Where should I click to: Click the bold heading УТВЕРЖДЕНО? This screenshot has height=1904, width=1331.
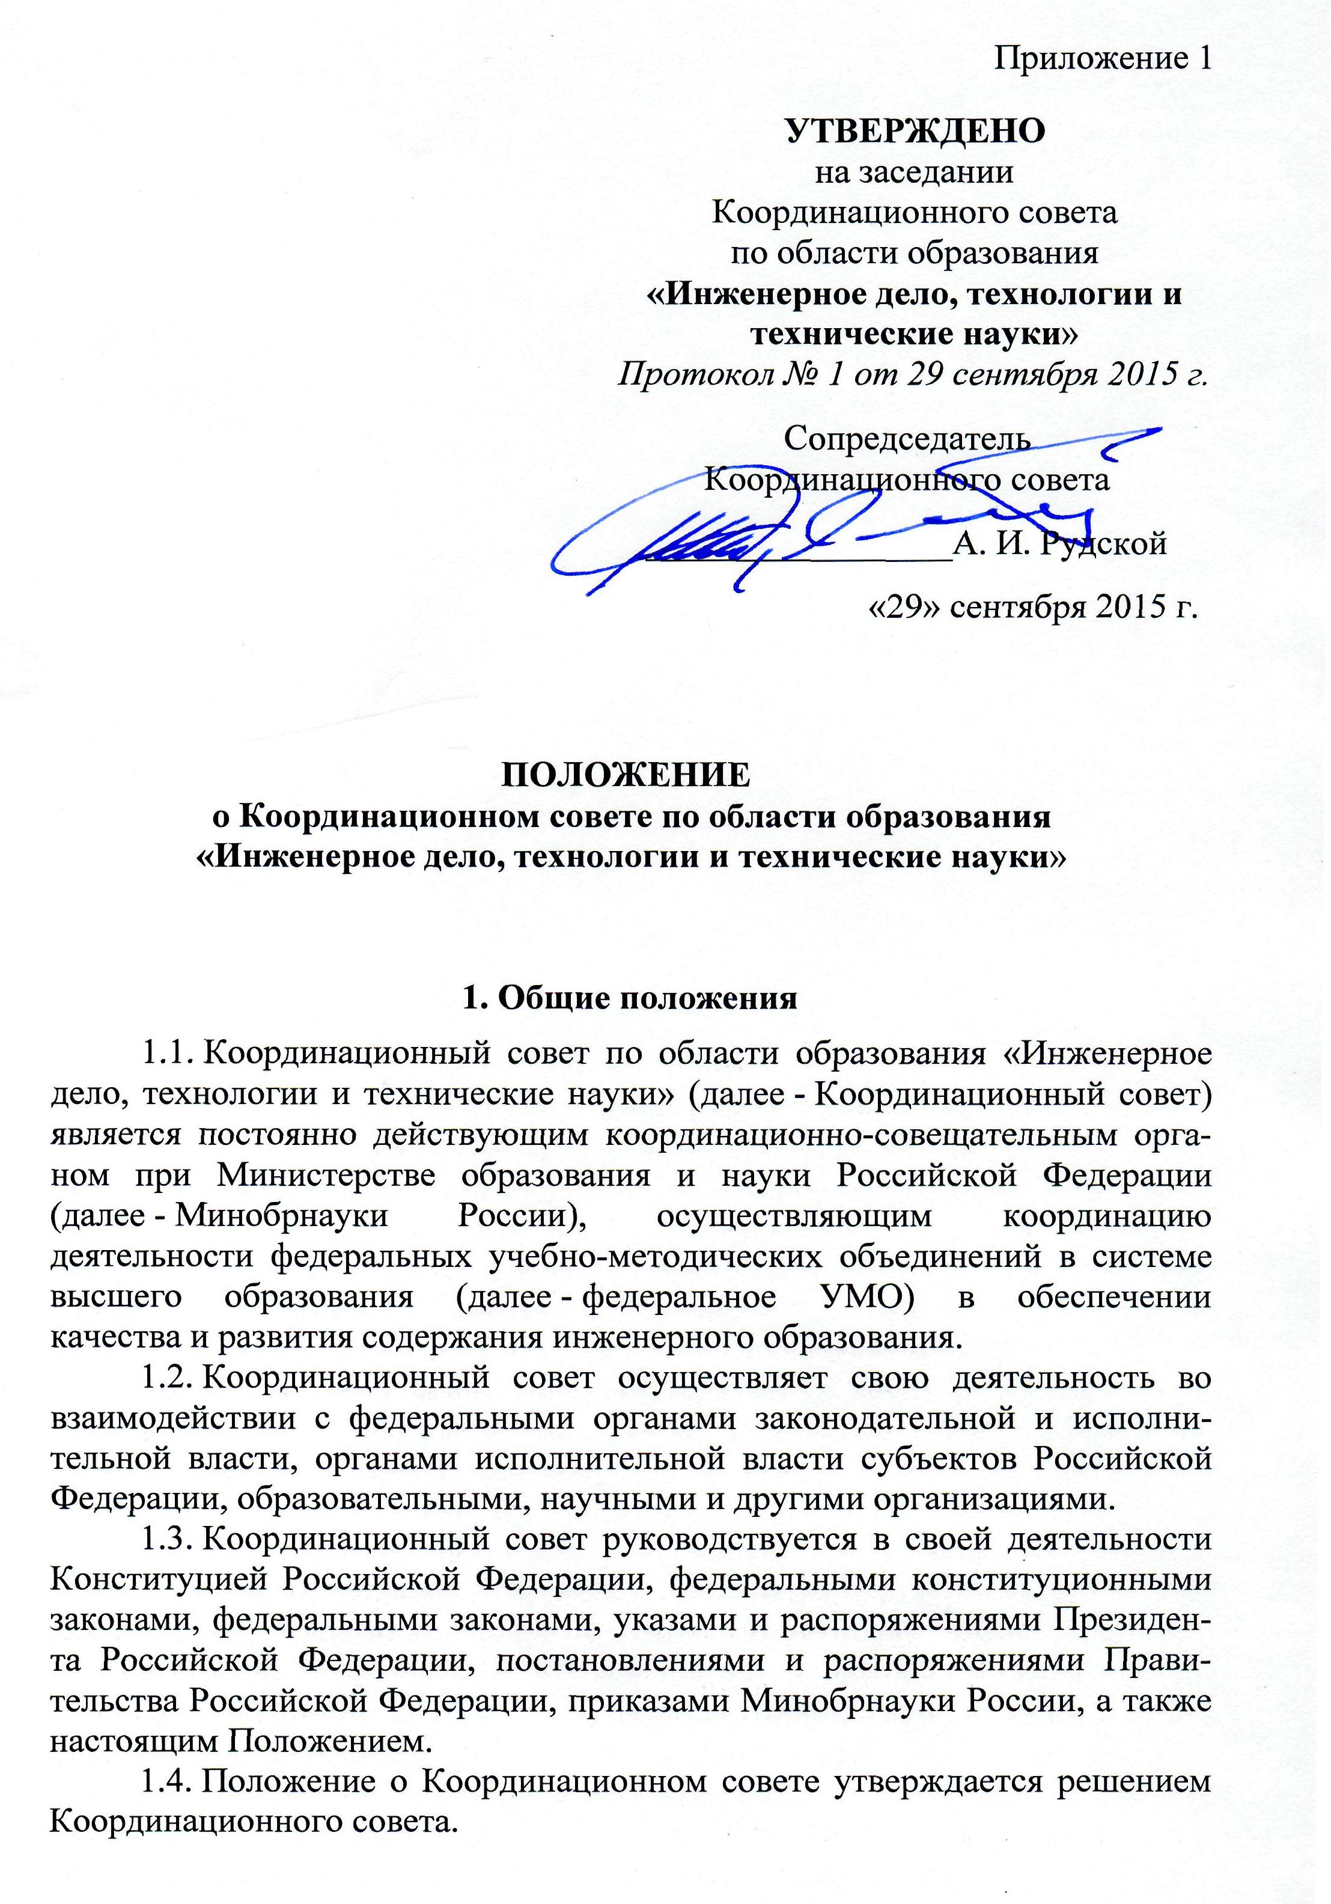click(915, 131)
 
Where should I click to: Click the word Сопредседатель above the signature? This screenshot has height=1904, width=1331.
click(908, 439)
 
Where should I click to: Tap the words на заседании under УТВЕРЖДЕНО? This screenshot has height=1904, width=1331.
click(915, 172)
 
